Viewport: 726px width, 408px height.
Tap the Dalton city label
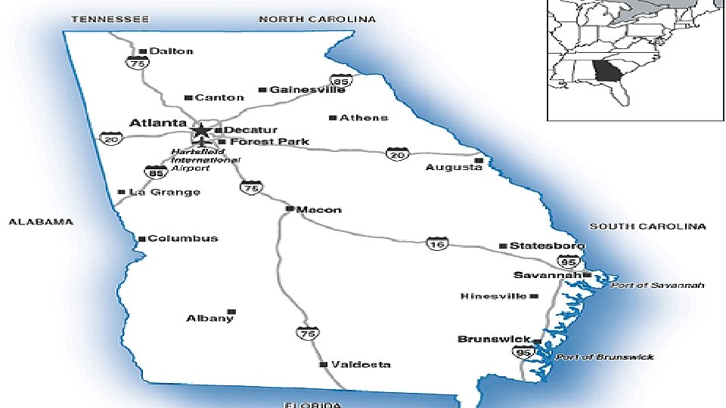(x=171, y=51)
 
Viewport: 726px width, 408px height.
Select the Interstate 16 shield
(x=436, y=243)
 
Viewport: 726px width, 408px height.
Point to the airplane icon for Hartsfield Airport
(x=201, y=144)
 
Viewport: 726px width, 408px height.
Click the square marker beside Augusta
(x=478, y=160)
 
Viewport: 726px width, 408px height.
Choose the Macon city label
(x=318, y=209)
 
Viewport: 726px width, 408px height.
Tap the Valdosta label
(x=361, y=364)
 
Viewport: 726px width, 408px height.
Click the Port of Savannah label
(x=657, y=286)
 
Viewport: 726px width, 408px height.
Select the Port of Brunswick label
(x=605, y=357)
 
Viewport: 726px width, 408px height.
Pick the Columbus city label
(x=182, y=239)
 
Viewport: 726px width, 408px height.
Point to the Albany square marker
(x=231, y=311)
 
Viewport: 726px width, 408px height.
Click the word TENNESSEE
(x=110, y=19)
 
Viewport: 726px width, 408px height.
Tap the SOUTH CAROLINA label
(x=647, y=226)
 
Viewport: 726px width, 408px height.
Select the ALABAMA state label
(x=41, y=222)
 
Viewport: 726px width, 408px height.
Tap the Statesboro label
(x=547, y=246)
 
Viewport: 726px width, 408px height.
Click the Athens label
(x=364, y=118)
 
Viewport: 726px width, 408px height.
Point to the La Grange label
(x=164, y=192)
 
